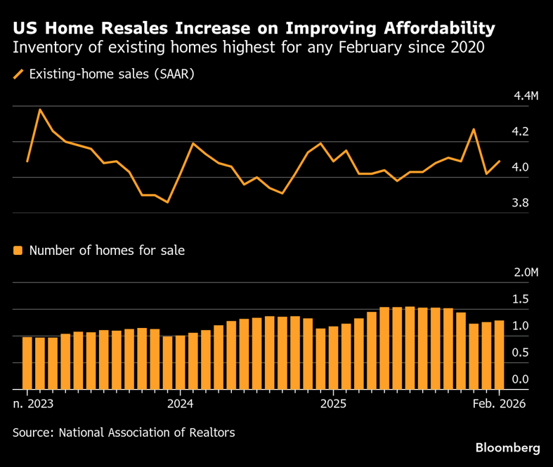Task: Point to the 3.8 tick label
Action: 520,203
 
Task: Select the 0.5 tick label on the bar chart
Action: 520,353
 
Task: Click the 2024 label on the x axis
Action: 181,404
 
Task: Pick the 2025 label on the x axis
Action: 334,404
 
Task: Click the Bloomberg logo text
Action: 507,447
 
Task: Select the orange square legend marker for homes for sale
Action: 19,250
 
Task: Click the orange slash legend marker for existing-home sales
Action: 19,74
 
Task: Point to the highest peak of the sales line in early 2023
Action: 40,110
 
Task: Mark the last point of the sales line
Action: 500,161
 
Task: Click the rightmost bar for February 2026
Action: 500,355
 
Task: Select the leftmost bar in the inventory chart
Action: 27,363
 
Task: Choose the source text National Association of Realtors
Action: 146,433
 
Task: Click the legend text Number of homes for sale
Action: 107,250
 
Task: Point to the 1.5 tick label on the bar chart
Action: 520,299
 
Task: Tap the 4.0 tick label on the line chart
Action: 520,167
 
